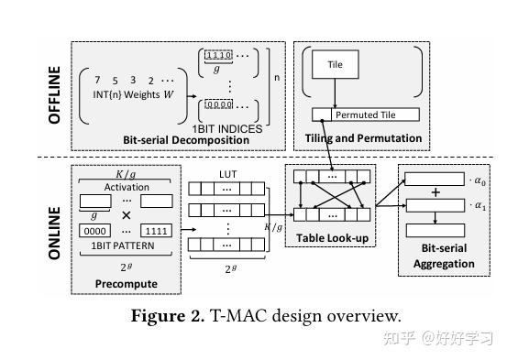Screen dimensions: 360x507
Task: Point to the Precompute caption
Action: [126, 283]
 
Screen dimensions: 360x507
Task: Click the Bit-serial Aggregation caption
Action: [438, 256]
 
